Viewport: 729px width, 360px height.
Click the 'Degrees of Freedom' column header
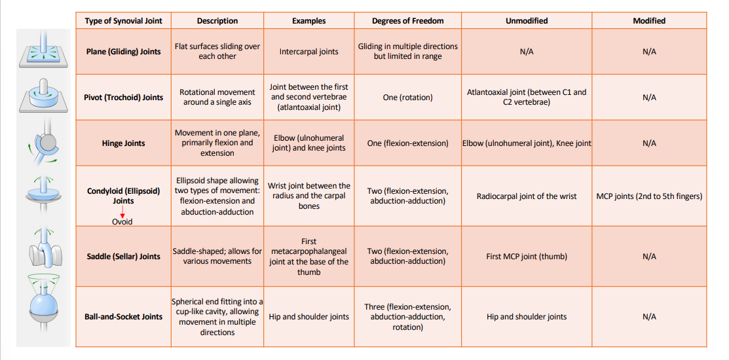click(x=407, y=21)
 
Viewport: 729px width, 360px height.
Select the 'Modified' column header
click(x=648, y=21)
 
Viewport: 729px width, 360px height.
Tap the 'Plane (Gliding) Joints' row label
click(x=123, y=52)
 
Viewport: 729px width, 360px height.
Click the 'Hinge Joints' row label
click(x=123, y=143)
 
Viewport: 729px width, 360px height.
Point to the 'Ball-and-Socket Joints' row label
click(x=123, y=317)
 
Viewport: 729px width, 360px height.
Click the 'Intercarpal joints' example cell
click(x=308, y=52)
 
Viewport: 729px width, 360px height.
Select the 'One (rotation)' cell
click(x=407, y=98)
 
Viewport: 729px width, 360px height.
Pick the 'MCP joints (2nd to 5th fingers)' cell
click(x=648, y=196)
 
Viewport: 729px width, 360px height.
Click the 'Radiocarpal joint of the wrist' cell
click(x=526, y=196)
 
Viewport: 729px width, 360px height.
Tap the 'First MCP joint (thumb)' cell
click(x=526, y=257)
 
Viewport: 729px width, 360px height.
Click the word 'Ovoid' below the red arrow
click(x=122, y=222)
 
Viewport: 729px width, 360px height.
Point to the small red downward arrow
click(x=122, y=213)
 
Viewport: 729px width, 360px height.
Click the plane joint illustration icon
click(x=43, y=51)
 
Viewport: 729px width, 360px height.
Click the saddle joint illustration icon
click(x=43, y=250)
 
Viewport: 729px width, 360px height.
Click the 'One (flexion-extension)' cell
click(x=407, y=143)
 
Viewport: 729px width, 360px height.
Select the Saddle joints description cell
click(x=217, y=257)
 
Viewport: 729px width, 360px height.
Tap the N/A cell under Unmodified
click(x=526, y=52)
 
